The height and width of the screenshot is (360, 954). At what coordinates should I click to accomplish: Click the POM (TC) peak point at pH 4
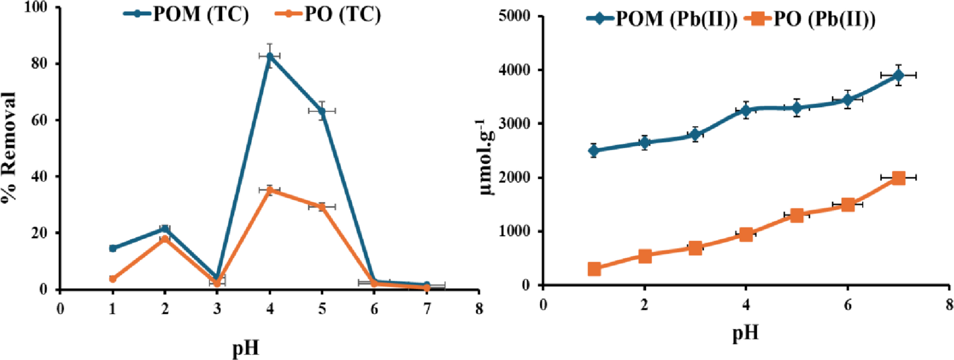[269, 56]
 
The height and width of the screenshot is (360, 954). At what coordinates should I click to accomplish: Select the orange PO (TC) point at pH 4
[269, 190]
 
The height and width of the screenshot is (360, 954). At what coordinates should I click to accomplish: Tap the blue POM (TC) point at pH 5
[322, 111]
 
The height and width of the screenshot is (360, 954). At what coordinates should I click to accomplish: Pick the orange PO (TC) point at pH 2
[165, 238]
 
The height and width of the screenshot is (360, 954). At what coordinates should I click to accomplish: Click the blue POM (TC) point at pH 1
[112, 248]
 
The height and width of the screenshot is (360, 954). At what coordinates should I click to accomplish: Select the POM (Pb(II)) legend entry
[662, 19]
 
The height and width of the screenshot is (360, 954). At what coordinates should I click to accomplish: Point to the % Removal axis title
[9, 149]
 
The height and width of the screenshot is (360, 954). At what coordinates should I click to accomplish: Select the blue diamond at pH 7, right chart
[898, 75]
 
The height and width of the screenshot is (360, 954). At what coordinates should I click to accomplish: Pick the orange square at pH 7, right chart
[898, 178]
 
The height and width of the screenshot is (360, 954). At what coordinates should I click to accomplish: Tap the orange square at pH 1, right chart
[594, 269]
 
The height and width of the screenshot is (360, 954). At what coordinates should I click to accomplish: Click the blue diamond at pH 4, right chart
[746, 110]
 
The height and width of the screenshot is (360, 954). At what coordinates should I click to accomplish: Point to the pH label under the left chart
[245, 348]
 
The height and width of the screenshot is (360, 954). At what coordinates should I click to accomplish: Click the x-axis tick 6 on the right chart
[847, 305]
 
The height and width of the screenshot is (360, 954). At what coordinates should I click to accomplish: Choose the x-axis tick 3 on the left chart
[217, 309]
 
